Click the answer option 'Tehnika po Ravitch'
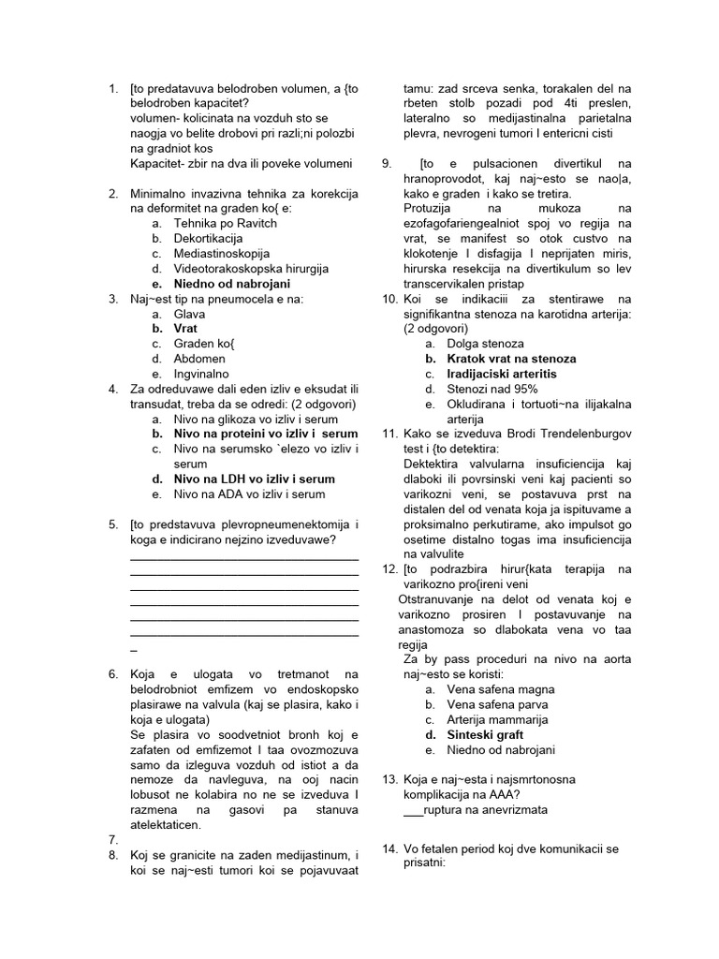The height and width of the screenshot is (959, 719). (225, 224)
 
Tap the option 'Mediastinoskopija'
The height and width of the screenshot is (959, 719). (222, 254)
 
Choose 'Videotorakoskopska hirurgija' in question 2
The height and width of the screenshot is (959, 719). (251, 269)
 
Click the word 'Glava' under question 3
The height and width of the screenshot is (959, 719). (189, 315)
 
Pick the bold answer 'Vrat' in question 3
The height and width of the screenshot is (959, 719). (185, 330)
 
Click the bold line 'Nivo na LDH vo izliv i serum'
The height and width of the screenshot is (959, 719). (254, 479)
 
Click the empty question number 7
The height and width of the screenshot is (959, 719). (112, 840)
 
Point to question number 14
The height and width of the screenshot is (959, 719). (390, 848)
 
